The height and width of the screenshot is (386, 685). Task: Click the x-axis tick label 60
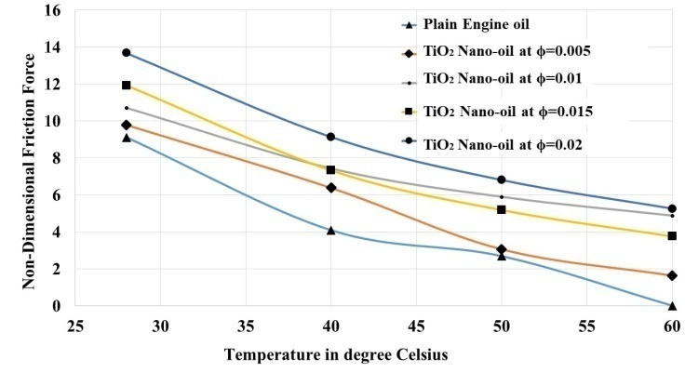pos(671,327)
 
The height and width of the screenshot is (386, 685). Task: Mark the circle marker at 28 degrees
pos(127,52)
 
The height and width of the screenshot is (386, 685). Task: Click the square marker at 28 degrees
pos(127,86)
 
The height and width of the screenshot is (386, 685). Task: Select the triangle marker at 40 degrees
pos(331,230)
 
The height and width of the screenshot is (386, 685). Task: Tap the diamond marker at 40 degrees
pos(331,188)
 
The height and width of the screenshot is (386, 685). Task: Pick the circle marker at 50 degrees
pos(502,180)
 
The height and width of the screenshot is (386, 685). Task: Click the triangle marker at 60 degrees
pos(672,305)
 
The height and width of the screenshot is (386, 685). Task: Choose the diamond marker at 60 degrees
pos(672,275)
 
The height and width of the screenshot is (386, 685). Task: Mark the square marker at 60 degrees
pos(672,236)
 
